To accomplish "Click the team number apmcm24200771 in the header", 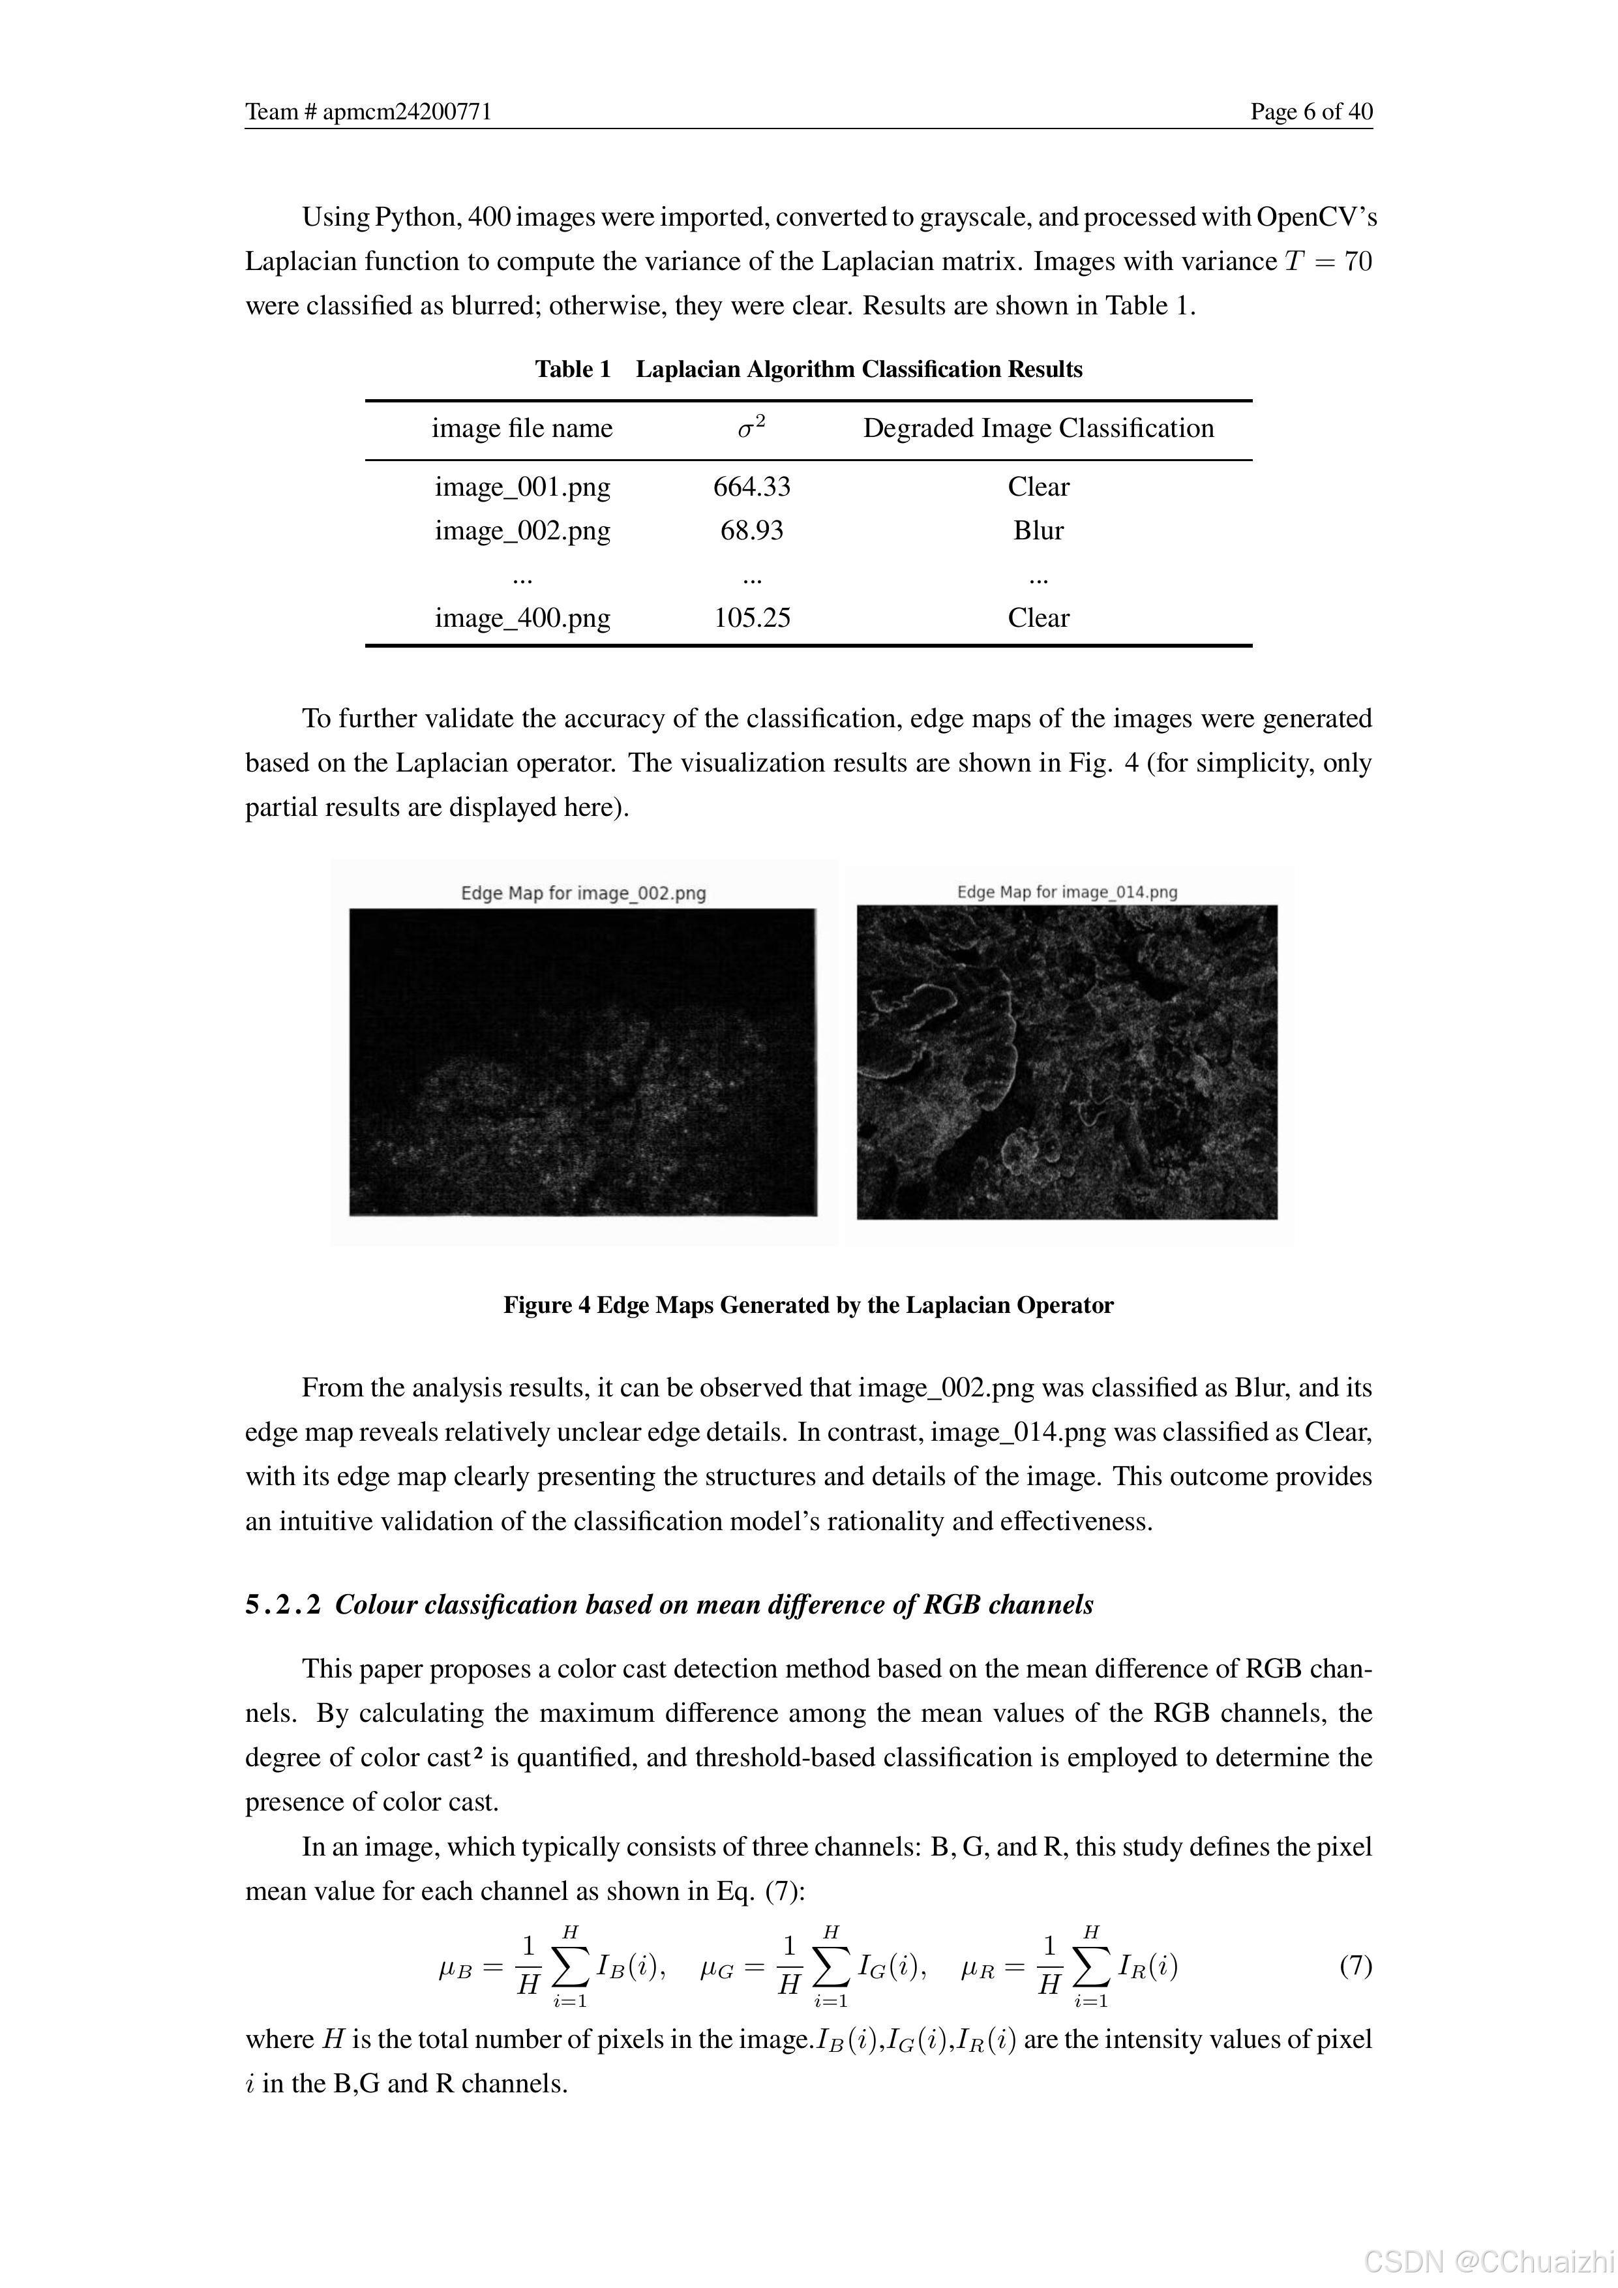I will pyautogui.click(x=368, y=112).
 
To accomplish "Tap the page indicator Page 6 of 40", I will pyautogui.click(x=1311, y=112).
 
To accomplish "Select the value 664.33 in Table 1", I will pyautogui.click(x=751, y=487).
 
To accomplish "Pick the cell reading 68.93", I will pyautogui.click(x=751, y=530).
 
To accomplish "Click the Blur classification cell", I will pyautogui.click(x=1038, y=530).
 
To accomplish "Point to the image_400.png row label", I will pyautogui.click(x=522, y=618).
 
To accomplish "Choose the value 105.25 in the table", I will pyautogui.click(x=751, y=618).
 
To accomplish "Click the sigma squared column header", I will pyautogui.click(x=751, y=427).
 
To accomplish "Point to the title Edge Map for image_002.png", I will pyautogui.click(x=583, y=893).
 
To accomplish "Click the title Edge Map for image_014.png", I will pyautogui.click(x=1067, y=892).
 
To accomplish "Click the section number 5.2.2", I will pyautogui.click(x=283, y=1604).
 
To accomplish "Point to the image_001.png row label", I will pyautogui.click(x=522, y=487).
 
